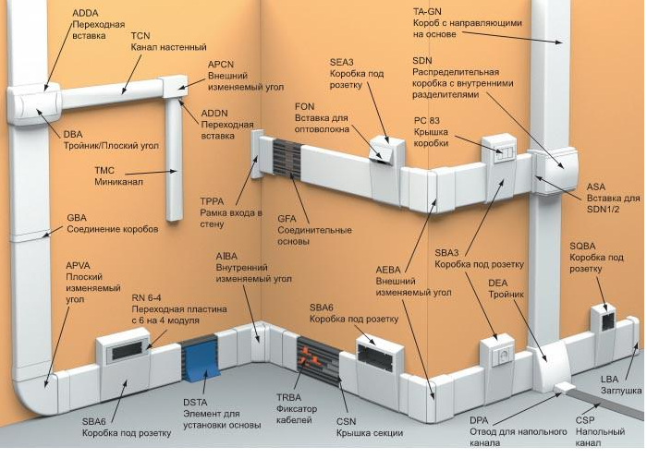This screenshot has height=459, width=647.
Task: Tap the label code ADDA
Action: [85, 13]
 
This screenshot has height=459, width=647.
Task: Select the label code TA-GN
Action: [427, 12]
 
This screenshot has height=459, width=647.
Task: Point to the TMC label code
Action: [104, 170]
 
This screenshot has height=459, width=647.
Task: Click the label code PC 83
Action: [427, 121]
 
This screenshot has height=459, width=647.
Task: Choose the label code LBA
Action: [609, 379]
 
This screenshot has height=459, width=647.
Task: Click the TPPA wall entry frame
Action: [258, 154]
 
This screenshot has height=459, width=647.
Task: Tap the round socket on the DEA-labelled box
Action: [504, 355]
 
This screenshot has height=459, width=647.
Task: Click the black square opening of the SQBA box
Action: [608, 321]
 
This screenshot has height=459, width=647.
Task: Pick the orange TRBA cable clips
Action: [311, 357]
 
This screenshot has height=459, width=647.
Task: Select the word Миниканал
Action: [119, 182]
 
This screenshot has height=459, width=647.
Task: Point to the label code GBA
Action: [77, 218]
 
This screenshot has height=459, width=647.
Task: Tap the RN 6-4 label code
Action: [146, 297]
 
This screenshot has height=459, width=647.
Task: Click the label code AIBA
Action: [226, 256]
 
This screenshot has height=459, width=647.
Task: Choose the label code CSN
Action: [346, 421]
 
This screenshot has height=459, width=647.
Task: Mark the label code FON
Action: [304, 107]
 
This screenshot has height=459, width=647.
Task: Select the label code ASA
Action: [596, 187]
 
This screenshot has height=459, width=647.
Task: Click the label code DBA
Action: [73, 135]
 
